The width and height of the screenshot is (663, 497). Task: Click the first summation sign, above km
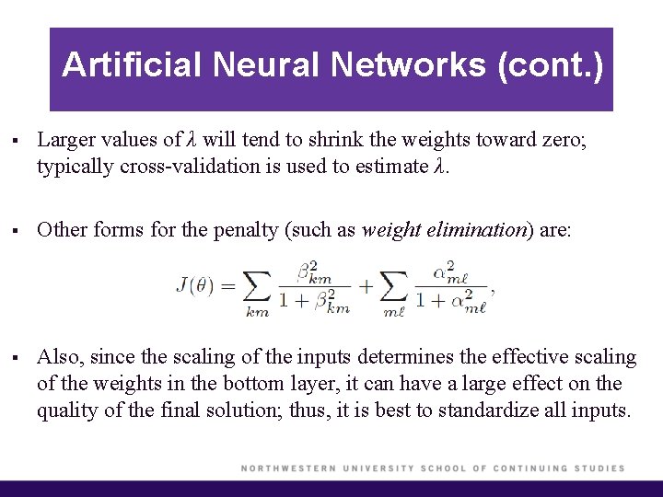pos(257,287)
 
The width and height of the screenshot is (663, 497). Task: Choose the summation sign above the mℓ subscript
pos(393,287)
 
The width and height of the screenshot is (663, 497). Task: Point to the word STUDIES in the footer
pos(600,468)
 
